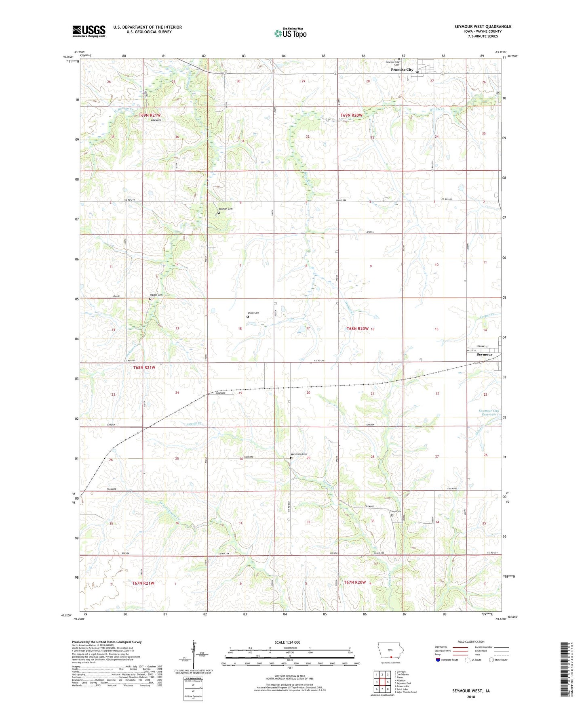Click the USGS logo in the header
tap(89, 31)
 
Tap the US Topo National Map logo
tap(290, 33)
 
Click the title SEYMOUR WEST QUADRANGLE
tap(483, 27)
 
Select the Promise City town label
tap(402, 70)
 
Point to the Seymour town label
tap(484, 355)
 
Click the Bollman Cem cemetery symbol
tap(219, 213)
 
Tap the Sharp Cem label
tap(253, 313)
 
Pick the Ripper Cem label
tap(156, 295)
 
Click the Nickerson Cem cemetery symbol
tap(291, 458)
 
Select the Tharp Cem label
tap(395, 511)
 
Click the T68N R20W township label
tap(357, 329)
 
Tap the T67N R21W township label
tap(143, 583)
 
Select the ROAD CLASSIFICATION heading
tap(471, 642)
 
